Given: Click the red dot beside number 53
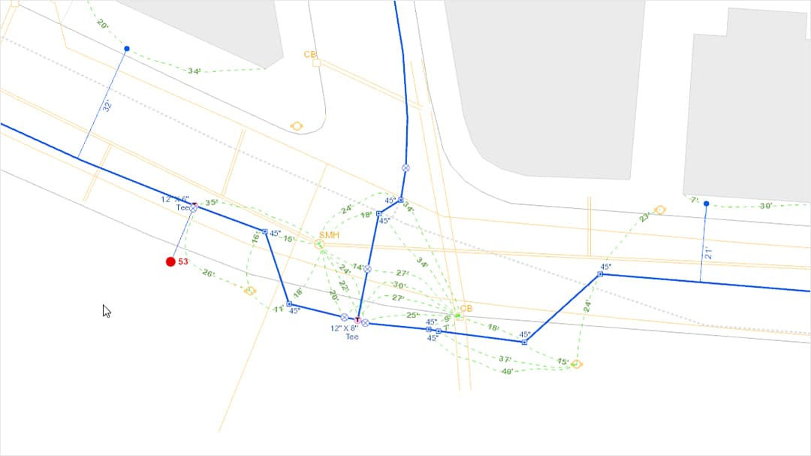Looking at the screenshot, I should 170,261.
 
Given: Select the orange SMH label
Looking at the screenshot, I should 330,235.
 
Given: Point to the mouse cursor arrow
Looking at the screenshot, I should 106,310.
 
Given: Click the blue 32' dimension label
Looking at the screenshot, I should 106,107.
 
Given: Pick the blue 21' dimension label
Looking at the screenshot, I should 707,254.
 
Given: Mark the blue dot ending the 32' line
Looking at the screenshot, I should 127,49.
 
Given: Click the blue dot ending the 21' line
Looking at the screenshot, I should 706,204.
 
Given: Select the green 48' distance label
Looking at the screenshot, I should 507,371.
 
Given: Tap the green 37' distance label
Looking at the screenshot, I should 505,359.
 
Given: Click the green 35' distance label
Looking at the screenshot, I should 212,203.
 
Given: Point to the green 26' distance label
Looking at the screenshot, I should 209,273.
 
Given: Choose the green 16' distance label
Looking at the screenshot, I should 255,237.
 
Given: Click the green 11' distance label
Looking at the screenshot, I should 278,309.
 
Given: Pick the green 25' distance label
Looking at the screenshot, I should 413,315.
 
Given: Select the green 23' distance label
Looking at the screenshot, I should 644,217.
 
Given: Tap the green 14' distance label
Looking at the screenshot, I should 358,267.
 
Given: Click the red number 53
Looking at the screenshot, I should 183,261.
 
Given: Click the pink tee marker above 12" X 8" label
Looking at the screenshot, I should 357,321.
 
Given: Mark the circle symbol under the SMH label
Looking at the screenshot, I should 319,245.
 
